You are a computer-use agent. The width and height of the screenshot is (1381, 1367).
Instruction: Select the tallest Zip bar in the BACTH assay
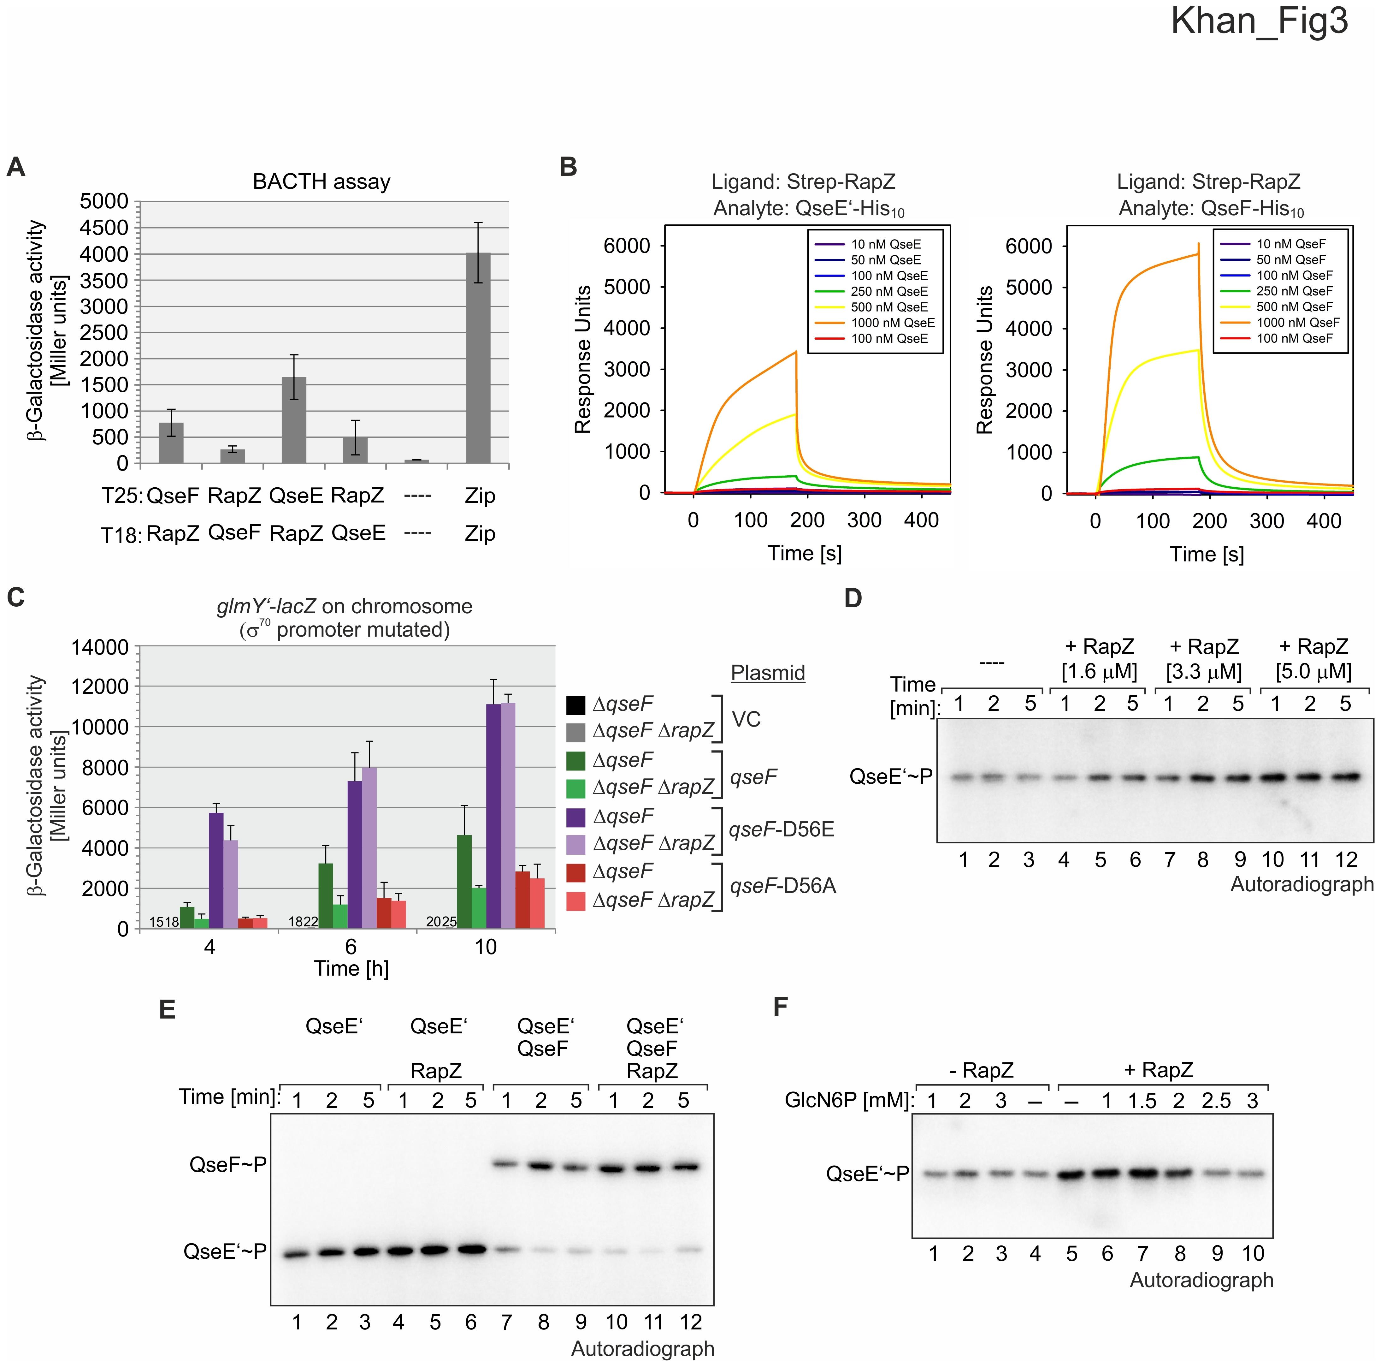click(478, 358)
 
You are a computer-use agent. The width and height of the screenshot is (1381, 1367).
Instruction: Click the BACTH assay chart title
click(322, 181)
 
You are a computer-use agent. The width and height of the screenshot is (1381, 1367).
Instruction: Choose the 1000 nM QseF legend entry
click(1297, 323)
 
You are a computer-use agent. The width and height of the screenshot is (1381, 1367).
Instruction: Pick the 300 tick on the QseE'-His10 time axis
click(864, 520)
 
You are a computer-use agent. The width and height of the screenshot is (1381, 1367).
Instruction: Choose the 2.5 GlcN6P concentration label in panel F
click(1216, 1101)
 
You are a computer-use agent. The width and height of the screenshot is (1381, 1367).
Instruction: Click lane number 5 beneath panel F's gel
click(1071, 1253)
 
